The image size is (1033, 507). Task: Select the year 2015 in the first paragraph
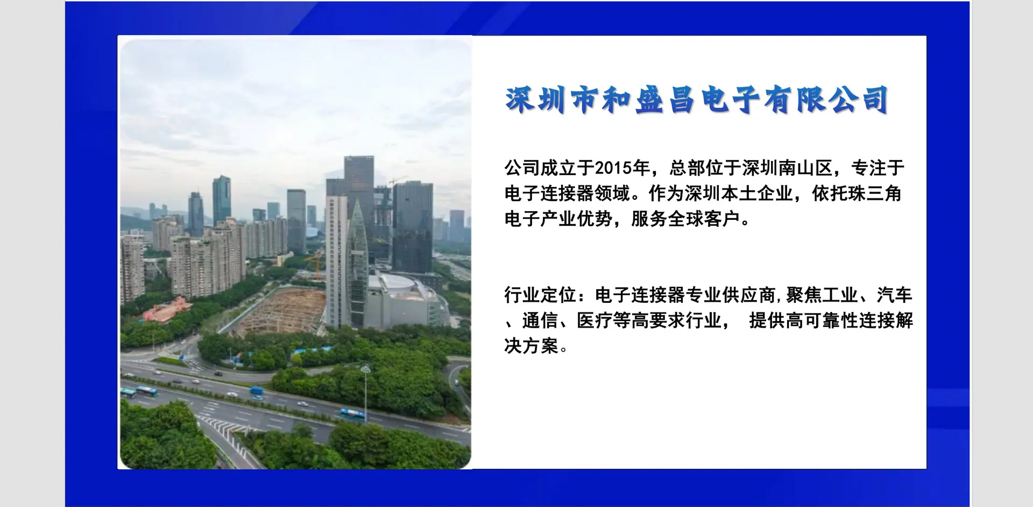click(613, 168)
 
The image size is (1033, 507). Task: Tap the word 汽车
click(895, 295)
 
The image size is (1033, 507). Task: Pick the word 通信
click(540, 321)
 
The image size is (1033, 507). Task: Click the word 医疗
click(595, 321)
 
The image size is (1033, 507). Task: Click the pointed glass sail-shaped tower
click(357, 264)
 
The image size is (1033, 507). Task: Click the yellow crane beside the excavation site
click(315, 264)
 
